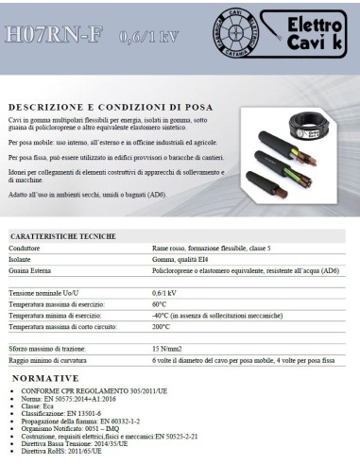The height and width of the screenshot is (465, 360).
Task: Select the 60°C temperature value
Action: (x=159, y=304)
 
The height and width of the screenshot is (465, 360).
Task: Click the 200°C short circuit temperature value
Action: (x=161, y=326)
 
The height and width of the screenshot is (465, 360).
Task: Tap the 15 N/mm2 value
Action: (x=167, y=350)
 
